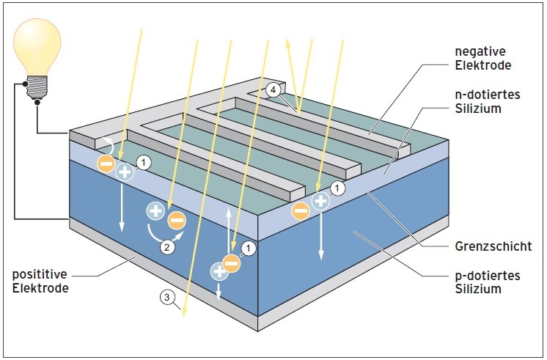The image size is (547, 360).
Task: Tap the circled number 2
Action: pyautogui.click(x=168, y=247)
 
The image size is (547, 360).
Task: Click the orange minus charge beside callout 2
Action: pyautogui.click(x=177, y=219)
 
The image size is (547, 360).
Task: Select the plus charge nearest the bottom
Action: pyautogui.click(x=219, y=271)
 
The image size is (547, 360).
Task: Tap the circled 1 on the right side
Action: pyautogui.click(x=337, y=188)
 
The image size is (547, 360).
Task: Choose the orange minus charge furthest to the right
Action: pyautogui.click(x=301, y=211)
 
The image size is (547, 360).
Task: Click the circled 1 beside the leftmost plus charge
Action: pyautogui.click(x=144, y=162)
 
